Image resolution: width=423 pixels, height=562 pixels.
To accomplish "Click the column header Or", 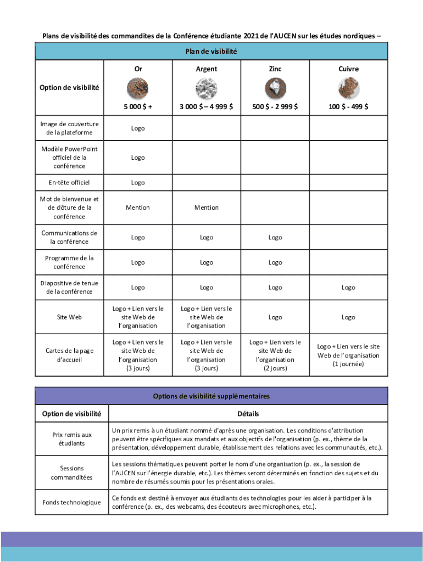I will click(138, 69).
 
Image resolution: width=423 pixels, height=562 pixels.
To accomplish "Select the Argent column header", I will click(207, 69).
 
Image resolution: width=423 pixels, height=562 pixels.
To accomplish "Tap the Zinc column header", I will click(275, 69).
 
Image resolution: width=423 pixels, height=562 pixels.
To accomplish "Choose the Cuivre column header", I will click(348, 69).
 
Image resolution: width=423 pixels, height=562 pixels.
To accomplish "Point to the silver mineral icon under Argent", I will click(206, 88).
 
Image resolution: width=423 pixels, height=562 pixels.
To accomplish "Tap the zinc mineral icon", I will click(275, 88).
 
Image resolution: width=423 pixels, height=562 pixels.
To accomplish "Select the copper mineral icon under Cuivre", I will click(348, 88).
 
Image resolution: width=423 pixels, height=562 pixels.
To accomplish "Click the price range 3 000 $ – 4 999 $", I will click(207, 107).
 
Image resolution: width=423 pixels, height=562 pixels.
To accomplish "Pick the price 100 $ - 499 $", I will click(348, 107).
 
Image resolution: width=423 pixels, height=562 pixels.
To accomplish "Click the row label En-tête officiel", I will click(69, 183).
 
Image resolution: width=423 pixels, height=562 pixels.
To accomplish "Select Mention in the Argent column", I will click(207, 207).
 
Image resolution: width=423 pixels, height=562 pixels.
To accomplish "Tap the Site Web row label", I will click(69, 317).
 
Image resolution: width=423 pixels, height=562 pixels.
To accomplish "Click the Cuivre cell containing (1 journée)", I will click(348, 355).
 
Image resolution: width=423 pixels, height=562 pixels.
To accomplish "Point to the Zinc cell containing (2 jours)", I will click(275, 355).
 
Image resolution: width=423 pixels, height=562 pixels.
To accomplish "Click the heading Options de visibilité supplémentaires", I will click(211, 396).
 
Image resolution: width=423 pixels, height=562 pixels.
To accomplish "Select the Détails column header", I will click(248, 414).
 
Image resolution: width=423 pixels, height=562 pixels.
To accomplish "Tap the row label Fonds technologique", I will click(72, 503).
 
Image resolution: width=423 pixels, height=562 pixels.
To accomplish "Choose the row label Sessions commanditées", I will click(72, 473).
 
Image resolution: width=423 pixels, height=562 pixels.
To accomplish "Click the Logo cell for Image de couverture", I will click(138, 128).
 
